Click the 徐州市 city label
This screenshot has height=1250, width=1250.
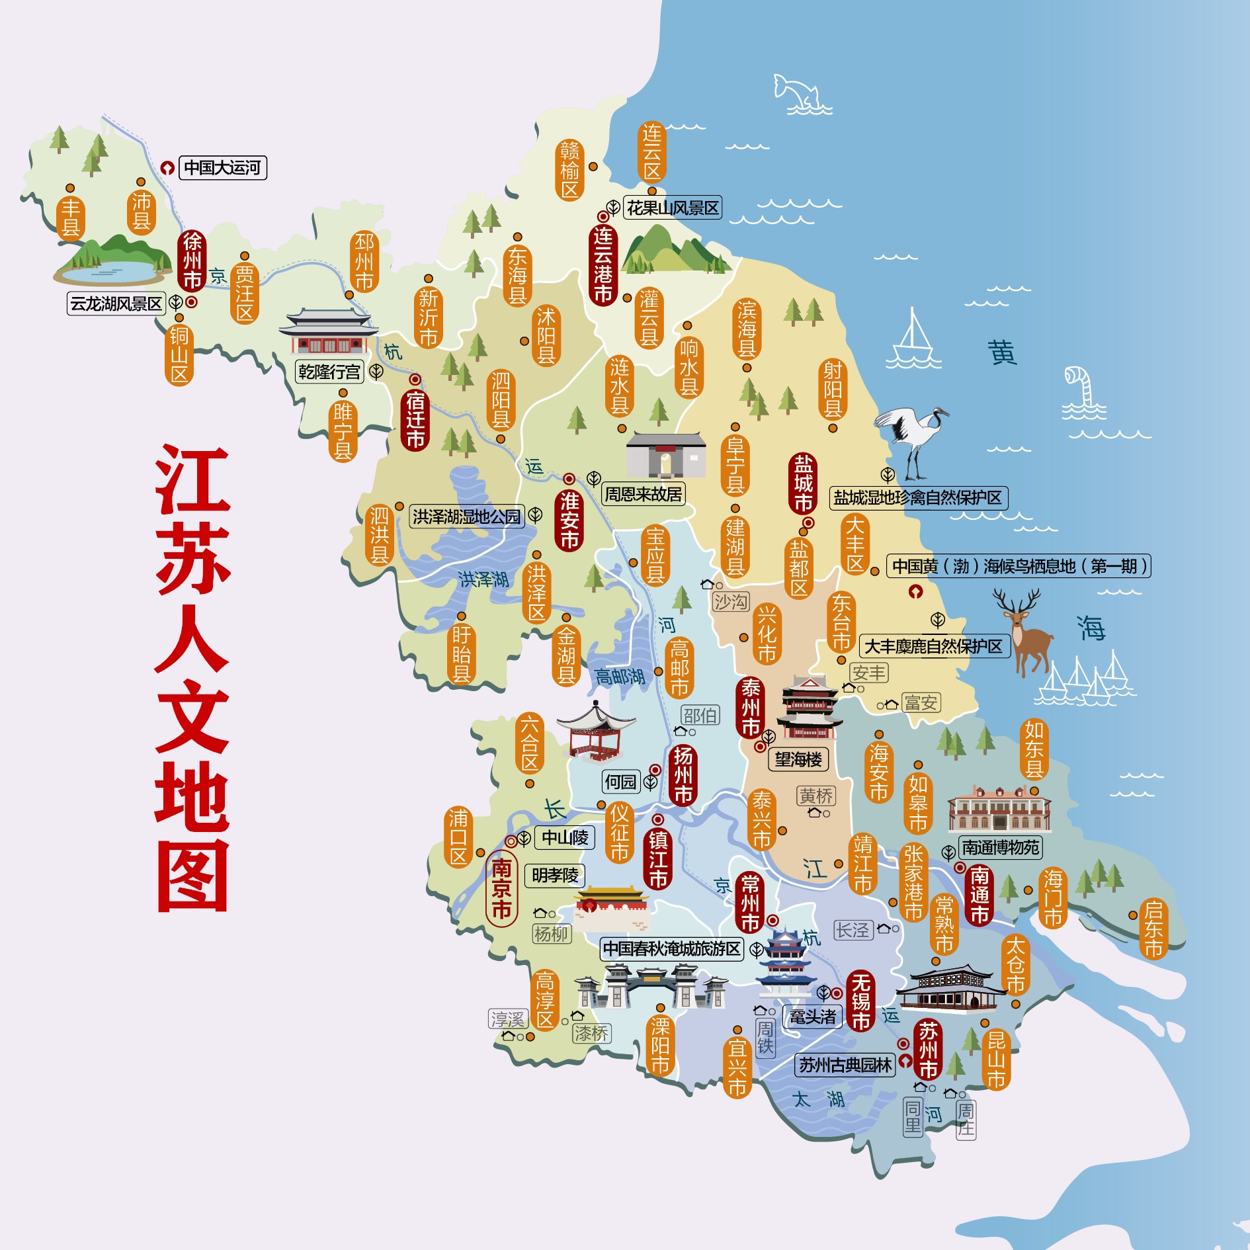point(192,261)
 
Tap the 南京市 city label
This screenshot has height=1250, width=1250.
point(501,888)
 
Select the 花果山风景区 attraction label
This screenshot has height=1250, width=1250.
point(672,208)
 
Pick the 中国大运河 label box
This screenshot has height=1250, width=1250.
point(222,167)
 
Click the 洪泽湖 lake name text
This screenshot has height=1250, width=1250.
point(483,579)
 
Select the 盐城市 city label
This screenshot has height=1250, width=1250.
point(803,483)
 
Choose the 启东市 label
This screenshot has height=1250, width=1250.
point(1153,929)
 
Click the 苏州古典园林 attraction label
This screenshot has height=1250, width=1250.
point(845,1065)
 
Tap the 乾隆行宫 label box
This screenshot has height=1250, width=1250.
point(329,372)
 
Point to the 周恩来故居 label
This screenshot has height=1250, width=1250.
point(643,494)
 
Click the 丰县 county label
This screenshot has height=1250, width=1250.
point(70,217)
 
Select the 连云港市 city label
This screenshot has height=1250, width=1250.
point(603,265)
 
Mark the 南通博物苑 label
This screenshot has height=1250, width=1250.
point(1000,847)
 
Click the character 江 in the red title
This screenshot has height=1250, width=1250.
point(192,479)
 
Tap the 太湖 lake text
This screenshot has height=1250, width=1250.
point(818,1099)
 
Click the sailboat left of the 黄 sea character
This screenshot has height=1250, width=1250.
point(913,341)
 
